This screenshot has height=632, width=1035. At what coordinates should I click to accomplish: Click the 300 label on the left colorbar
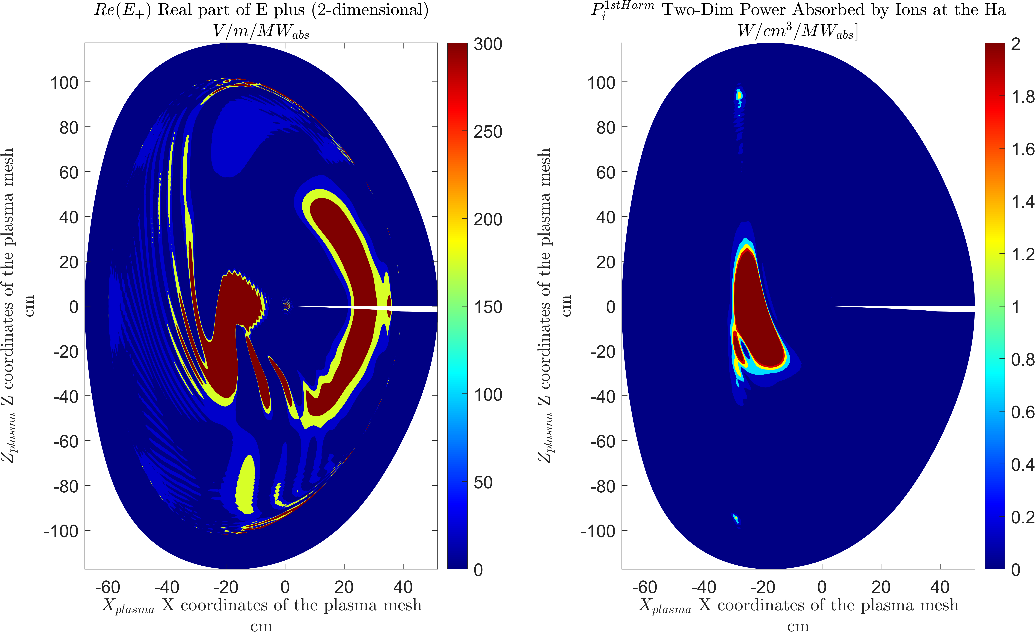point(488,44)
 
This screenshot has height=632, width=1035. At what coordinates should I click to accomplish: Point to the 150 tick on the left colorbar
point(488,307)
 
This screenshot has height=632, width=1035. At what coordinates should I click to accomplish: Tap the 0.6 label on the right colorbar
point(1022,412)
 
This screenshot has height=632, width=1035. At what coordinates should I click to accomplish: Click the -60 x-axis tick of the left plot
point(108,587)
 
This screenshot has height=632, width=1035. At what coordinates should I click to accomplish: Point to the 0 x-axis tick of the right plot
point(822,587)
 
